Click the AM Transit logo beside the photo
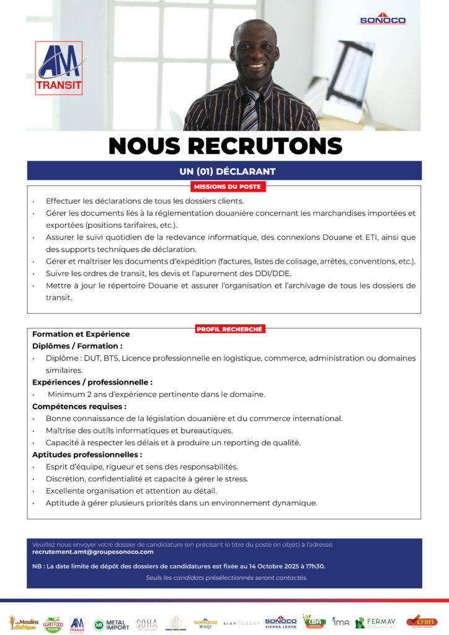pos(59,68)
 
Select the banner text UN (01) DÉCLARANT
pos(224,171)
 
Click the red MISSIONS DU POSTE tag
pos(227,186)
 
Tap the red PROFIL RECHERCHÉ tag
pos(229,329)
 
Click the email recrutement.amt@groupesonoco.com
pos(93,552)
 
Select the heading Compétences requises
pos(79,407)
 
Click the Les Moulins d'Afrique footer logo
pos(23,623)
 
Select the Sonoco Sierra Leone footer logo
pos(281,622)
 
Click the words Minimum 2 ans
pos(76,394)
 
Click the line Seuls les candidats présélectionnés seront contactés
pos(226,578)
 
